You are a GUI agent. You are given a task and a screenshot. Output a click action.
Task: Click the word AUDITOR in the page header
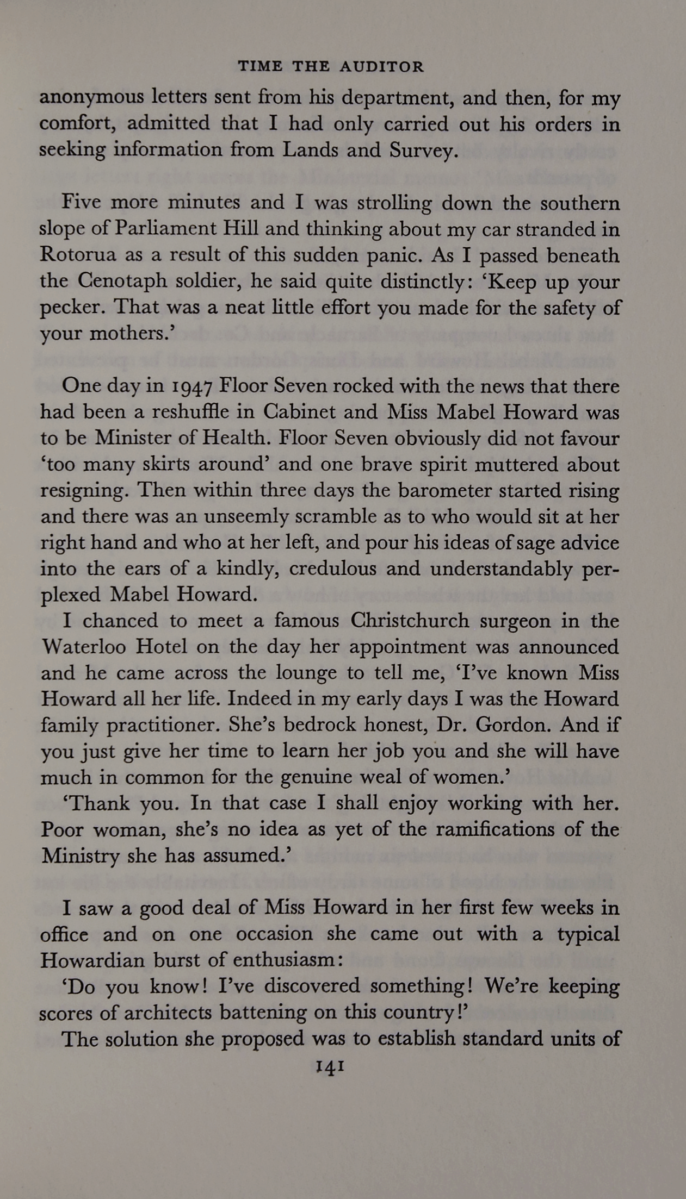(381, 67)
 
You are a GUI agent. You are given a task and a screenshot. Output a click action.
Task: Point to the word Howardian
(92, 960)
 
